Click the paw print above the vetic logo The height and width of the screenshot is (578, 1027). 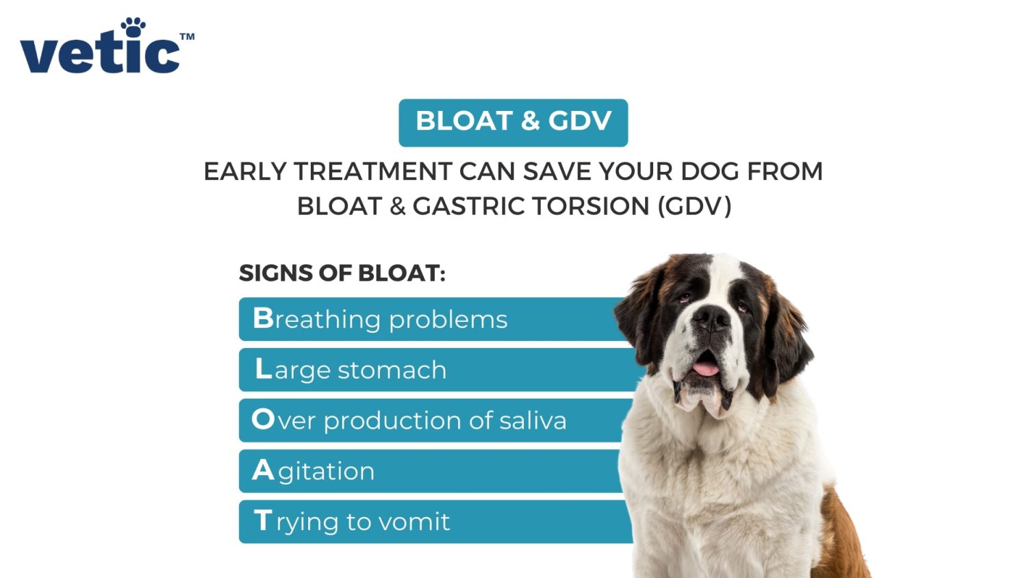pyautogui.click(x=133, y=27)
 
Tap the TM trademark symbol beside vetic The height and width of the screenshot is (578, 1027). pyautogui.click(x=187, y=37)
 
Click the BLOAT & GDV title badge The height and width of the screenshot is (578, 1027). pyautogui.click(x=513, y=123)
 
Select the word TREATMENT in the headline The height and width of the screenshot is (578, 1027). pyautogui.click(x=373, y=172)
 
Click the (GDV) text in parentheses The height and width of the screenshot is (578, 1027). pyautogui.click(x=695, y=206)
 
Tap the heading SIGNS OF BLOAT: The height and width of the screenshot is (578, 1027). pyautogui.click(x=342, y=273)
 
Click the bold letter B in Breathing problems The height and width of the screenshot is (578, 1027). pyautogui.click(x=263, y=318)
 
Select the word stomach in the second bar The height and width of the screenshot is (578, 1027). pyautogui.click(x=392, y=370)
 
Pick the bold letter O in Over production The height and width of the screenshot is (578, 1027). pyautogui.click(x=263, y=419)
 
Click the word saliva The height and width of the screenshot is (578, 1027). pyautogui.click(x=533, y=420)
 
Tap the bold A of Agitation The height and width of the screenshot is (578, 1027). pyautogui.click(x=263, y=470)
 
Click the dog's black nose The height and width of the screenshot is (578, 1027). pyautogui.click(x=711, y=318)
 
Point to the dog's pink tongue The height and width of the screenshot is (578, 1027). pyautogui.click(x=706, y=368)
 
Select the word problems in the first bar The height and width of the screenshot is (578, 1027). pyautogui.click(x=448, y=320)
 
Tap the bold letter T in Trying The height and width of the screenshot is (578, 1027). pyautogui.click(x=263, y=520)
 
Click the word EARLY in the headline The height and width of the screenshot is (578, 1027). pyautogui.click(x=245, y=172)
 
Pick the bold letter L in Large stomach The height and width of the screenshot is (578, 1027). pyautogui.click(x=264, y=368)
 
